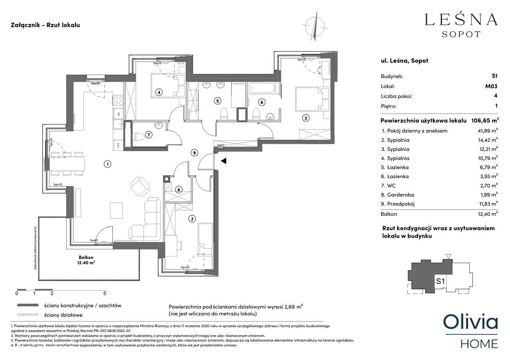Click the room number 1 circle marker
(107, 164)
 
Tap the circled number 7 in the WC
(148, 135)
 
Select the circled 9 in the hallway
(194, 152)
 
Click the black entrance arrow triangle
(224, 161)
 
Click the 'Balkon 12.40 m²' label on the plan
(86, 260)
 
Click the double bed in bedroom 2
(309, 100)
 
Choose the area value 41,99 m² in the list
(488, 131)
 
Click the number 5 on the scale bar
(104, 294)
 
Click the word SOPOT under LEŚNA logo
(461, 34)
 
